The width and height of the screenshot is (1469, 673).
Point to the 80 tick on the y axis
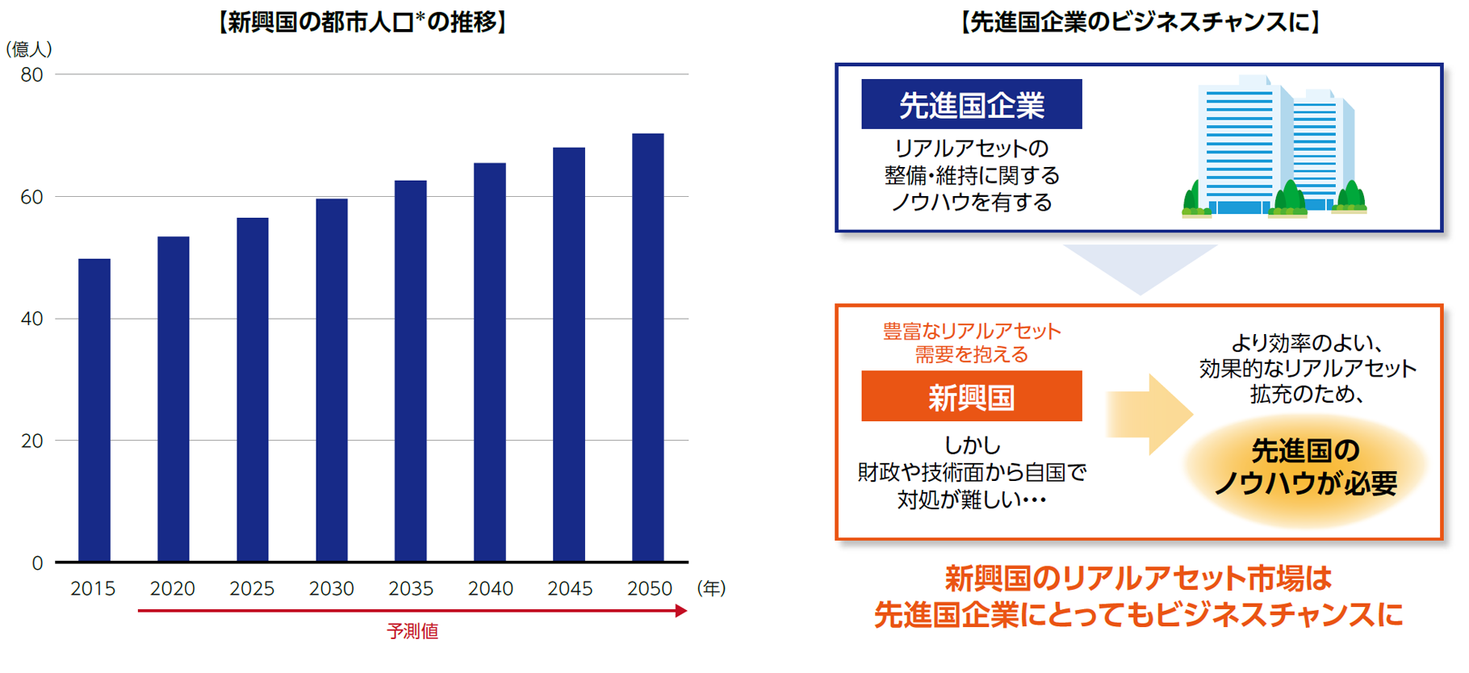[x=32, y=75]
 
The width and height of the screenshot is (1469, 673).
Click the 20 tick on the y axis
[x=32, y=441]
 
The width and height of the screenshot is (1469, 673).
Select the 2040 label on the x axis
[x=491, y=589]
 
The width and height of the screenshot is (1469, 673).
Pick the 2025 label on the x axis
[x=252, y=589]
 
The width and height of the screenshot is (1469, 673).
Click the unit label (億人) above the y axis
[x=29, y=49]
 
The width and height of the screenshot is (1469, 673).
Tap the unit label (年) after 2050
[x=711, y=588]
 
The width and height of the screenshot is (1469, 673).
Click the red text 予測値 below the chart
[x=412, y=631]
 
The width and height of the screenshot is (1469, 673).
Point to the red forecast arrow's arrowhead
[x=681, y=611]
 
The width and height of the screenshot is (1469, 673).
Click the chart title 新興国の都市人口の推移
[x=362, y=22]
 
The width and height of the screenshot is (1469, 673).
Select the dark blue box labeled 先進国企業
[x=971, y=105]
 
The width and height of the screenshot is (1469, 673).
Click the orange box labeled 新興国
[x=971, y=397]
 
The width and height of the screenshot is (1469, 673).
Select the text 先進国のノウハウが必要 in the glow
[x=1305, y=466]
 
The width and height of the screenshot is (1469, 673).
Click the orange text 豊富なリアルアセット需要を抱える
[x=971, y=342]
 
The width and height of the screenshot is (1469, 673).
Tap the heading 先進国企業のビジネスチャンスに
[x=1140, y=22]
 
